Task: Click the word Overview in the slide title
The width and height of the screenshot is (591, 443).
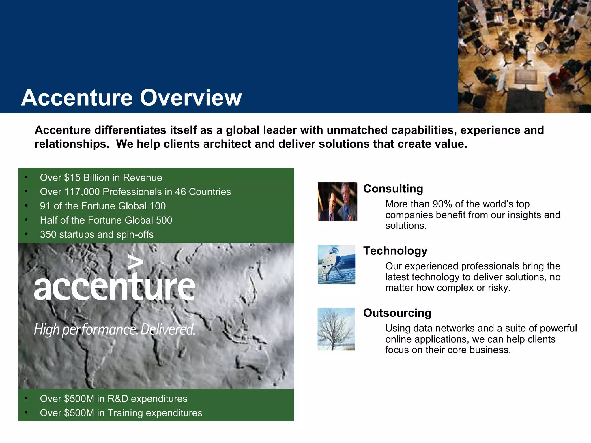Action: tap(191, 98)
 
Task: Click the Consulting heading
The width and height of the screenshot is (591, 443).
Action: tap(393, 189)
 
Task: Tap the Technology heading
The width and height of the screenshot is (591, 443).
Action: tap(395, 251)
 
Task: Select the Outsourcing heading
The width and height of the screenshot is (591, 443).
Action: tap(397, 313)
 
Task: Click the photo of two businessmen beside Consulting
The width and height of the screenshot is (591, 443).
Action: tap(337, 202)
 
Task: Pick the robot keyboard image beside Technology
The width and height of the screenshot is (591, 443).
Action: tap(336, 265)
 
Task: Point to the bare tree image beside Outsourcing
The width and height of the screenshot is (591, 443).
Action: tap(336, 329)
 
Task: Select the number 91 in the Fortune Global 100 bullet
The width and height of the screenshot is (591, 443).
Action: tap(45, 206)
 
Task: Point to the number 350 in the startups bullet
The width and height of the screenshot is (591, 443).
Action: tap(48, 234)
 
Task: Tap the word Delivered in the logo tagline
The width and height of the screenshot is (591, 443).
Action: tap(168, 329)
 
